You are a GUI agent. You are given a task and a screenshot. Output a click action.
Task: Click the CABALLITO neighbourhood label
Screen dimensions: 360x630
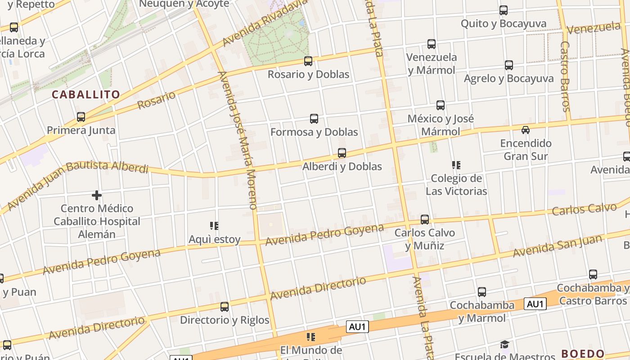[86, 94]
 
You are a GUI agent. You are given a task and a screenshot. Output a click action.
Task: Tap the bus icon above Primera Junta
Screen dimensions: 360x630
[81, 117]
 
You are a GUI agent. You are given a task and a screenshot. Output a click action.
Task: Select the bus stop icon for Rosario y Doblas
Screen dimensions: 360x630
[308, 61]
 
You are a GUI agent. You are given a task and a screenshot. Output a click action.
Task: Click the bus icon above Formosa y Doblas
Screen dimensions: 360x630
[314, 119]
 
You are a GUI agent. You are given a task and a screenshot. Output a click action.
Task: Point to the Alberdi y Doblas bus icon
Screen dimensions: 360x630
[342, 153]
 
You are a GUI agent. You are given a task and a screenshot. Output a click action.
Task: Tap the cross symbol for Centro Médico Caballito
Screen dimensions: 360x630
[96, 195]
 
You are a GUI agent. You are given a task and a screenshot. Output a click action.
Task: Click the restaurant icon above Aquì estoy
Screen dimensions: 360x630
[214, 226]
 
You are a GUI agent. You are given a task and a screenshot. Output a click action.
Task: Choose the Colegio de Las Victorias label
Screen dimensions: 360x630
[456, 184]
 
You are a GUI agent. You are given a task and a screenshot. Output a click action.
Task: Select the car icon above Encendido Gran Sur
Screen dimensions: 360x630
[525, 130]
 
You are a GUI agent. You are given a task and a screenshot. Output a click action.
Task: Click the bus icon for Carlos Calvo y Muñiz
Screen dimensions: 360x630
[425, 220]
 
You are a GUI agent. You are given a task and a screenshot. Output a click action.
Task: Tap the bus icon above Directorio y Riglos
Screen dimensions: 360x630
[225, 307]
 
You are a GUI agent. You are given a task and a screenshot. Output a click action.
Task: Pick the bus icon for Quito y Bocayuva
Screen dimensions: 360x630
[504, 10]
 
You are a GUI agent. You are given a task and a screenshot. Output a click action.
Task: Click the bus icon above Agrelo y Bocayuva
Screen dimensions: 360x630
[509, 65]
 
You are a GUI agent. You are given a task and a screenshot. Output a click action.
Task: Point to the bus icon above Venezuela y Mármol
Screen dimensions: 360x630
[432, 44]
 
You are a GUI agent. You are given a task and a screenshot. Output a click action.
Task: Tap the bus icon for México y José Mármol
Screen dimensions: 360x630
[441, 105]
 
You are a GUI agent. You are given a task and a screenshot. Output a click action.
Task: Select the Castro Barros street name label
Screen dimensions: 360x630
[565, 76]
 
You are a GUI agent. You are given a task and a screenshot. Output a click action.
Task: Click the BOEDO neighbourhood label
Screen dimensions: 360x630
[583, 354]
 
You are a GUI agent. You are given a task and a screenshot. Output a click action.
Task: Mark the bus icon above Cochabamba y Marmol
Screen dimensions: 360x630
[482, 292]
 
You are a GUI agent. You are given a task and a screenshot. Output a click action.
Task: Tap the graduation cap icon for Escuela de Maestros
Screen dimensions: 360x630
[505, 345]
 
